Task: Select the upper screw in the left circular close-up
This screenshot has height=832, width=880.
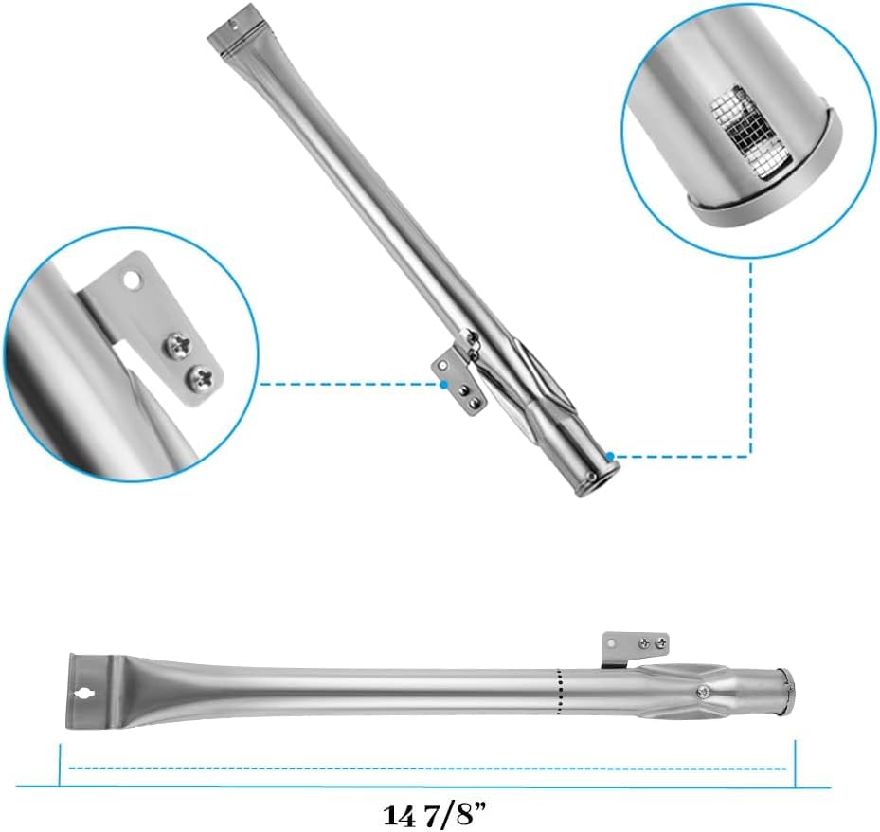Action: point(173,345)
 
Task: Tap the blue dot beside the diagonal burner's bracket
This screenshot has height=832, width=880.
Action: point(444,385)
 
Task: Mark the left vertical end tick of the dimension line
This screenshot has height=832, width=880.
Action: point(60,765)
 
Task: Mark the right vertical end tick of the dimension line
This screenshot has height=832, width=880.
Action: point(796,764)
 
